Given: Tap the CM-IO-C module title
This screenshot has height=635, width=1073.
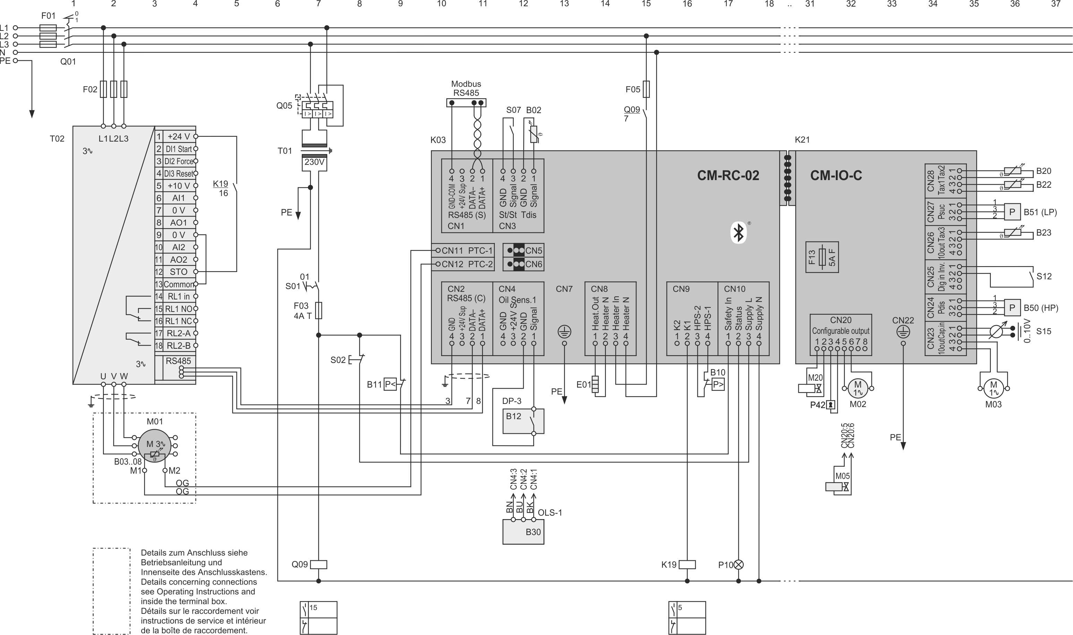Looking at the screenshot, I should pos(836,176).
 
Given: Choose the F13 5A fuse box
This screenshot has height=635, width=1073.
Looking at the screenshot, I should pos(822,257).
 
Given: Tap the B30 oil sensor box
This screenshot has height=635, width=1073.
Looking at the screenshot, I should pos(523,532).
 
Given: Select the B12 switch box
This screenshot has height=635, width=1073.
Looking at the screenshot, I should pos(523,421).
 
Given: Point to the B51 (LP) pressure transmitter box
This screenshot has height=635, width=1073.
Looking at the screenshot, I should pos(1012,212).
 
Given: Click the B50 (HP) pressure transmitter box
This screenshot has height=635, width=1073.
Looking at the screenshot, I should pos(1012,308).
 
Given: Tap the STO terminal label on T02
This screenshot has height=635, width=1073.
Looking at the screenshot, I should pos(178,272).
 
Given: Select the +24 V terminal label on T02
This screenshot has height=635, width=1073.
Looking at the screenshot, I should pos(178,136).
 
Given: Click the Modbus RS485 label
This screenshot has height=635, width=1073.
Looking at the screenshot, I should pos(466,88).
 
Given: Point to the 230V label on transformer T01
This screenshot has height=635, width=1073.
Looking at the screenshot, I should pos(314,162).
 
